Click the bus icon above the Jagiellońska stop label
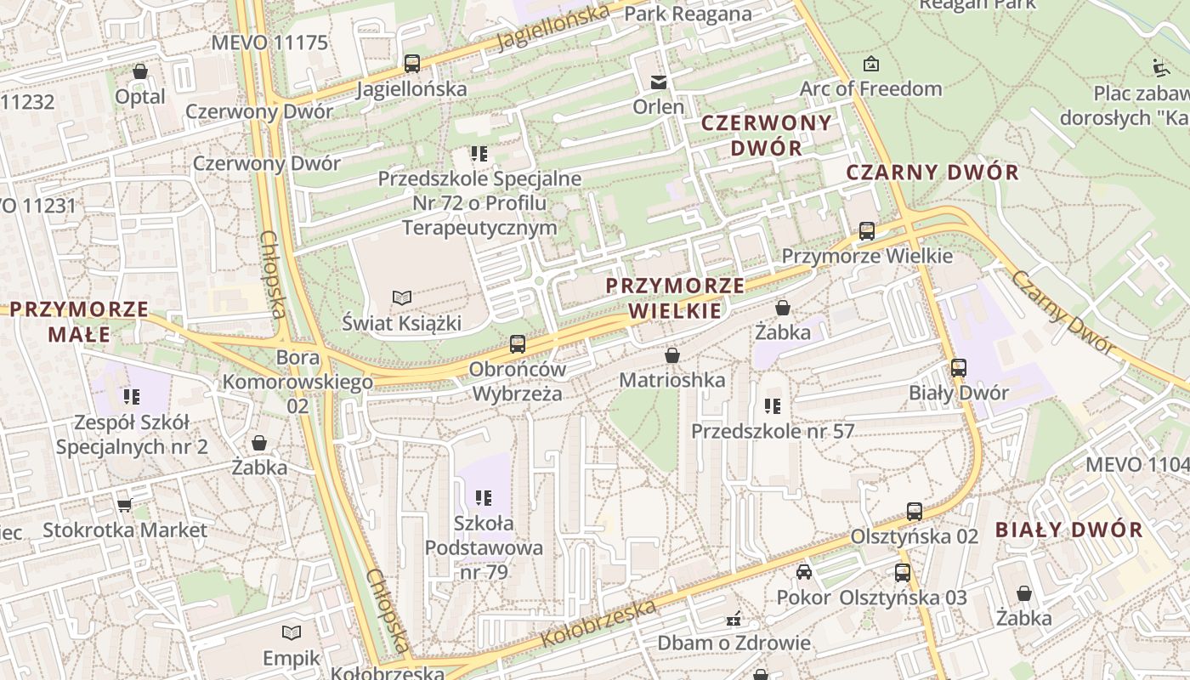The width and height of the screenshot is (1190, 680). pyautogui.click(x=412, y=63)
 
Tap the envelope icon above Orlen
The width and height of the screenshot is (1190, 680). pyautogui.click(x=659, y=82)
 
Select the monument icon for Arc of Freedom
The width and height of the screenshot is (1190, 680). pyautogui.click(x=871, y=64)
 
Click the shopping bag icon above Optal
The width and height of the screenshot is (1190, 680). pyautogui.click(x=140, y=71)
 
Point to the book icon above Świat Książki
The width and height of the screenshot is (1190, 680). pyautogui.click(x=401, y=297)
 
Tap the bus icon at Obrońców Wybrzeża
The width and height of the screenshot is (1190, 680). pyautogui.click(x=518, y=344)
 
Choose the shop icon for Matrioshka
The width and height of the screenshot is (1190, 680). pyautogui.click(x=672, y=354)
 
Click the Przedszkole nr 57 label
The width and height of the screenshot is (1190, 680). pyautogui.click(x=772, y=431)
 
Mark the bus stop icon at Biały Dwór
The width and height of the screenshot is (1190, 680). pyautogui.click(x=959, y=368)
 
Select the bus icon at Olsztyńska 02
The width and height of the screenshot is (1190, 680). pyautogui.click(x=915, y=512)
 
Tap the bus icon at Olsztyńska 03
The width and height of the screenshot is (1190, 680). pyautogui.click(x=903, y=573)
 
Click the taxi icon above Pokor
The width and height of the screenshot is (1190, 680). pyautogui.click(x=804, y=572)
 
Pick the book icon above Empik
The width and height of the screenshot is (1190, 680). pyautogui.click(x=292, y=632)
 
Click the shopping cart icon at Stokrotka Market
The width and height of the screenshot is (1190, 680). pyautogui.click(x=124, y=505)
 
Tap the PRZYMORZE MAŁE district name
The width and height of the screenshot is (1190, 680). pyautogui.click(x=79, y=321)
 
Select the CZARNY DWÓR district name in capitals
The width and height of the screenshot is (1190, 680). pyautogui.click(x=932, y=173)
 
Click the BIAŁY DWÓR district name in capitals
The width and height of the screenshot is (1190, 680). pyautogui.click(x=1068, y=530)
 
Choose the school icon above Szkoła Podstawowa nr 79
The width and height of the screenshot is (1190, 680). pyautogui.click(x=484, y=497)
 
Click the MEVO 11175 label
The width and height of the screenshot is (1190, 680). pyautogui.click(x=269, y=42)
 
